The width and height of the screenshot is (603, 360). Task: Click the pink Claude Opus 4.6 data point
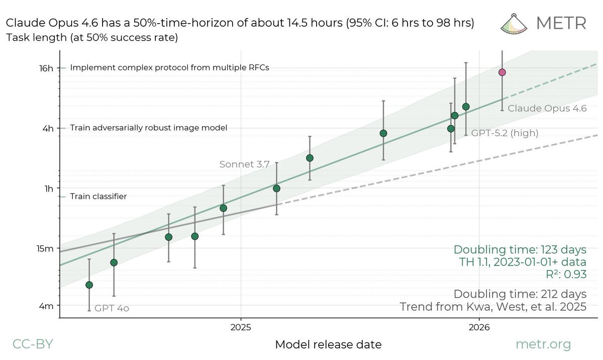click(x=501, y=72)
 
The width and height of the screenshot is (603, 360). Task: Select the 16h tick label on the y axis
click(x=46, y=68)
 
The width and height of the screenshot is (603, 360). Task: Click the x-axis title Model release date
click(x=328, y=345)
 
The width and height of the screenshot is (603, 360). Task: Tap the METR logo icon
click(x=514, y=23)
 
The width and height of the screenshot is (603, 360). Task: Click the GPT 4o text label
click(x=112, y=308)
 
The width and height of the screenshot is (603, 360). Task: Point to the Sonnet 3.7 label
click(x=245, y=164)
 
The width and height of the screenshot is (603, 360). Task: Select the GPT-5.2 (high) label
click(x=504, y=133)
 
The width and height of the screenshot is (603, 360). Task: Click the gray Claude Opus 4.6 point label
click(x=547, y=108)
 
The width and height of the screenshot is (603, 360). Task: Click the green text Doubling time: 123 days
click(x=520, y=249)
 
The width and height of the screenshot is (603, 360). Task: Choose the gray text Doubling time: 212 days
click(x=520, y=294)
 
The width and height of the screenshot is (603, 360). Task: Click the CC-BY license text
click(x=32, y=344)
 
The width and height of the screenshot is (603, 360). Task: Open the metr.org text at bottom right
click(x=543, y=344)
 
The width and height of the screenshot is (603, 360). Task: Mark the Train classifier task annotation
click(x=98, y=197)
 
